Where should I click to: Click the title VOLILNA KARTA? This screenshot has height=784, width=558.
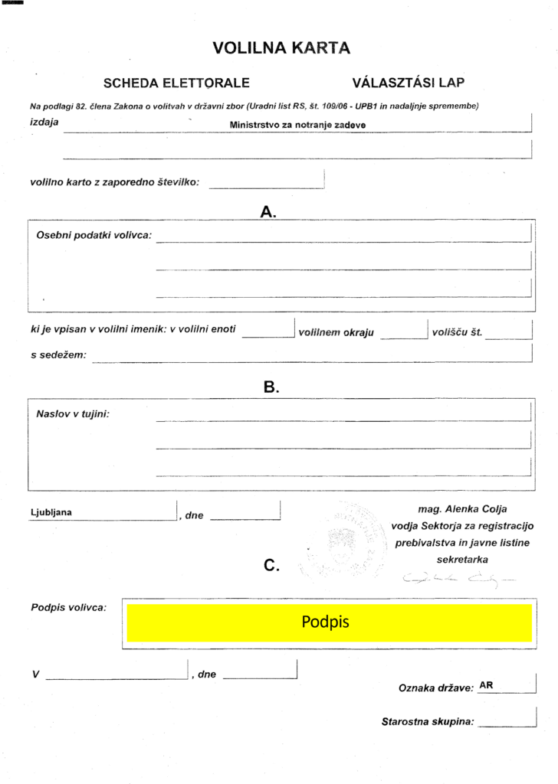pyautogui.click(x=281, y=48)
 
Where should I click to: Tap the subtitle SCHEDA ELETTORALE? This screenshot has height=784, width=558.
pyautogui.click(x=176, y=83)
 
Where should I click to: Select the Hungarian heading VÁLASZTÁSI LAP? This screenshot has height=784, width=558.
pyautogui.click(x=409, y=83)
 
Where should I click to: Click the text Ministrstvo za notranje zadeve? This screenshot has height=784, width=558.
pyautogui.click(x=297, y=125)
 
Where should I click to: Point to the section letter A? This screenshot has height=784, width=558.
pyautogui.click(x=268, y=212)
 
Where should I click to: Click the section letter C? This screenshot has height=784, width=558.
pyautogui.click(x=270, y=566)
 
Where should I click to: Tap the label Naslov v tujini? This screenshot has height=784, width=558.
pyautogui.click(x=73, y=413)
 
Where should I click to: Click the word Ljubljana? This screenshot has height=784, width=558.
pyautogui.click(x=51, y=513)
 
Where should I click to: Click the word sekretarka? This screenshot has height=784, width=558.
pyautogui.click(x=462, y=559)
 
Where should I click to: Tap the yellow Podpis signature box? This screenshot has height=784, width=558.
pyautogui.click(x=329, y=622)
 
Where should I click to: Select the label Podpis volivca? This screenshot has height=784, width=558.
pyautogui.click(x=69, y=608)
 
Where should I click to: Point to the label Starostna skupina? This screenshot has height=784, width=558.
pyautogui.click(x=428, y=721)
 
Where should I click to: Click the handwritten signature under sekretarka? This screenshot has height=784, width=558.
pyautogui.click(x=458, y=578)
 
